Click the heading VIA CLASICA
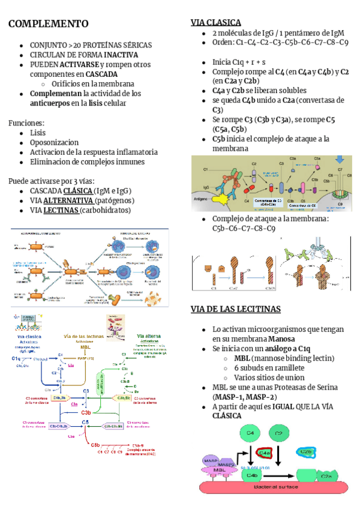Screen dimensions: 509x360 (216, 22)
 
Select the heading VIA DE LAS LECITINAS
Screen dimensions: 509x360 (236, 309)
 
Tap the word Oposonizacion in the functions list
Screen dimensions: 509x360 (54, 142)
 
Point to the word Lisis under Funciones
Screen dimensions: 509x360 (38, 133)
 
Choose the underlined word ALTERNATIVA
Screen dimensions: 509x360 (69, 200)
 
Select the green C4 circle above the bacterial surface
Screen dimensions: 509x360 (248, 433)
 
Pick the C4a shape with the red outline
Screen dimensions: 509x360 (265, 453)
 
